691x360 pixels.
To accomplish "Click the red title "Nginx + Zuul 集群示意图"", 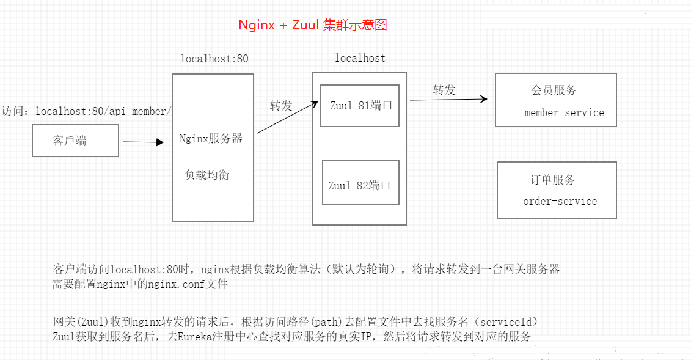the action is click(312, 24).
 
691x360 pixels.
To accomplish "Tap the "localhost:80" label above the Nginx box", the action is click(214, 59).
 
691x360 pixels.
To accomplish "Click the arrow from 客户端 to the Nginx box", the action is click(143, 142).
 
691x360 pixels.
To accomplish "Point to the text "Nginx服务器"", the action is click(211, 138).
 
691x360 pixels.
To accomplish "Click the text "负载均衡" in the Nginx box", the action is click(207, 175).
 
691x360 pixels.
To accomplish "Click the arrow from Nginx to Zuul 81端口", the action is click(287, 117).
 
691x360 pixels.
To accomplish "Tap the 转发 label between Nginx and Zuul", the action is click(281, 106).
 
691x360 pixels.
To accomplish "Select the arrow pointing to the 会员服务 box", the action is click(448, 100).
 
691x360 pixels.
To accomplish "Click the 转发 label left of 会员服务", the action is click(444, 90).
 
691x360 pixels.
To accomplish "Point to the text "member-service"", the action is click(564, 113).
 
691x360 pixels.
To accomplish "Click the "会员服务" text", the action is click(554, 90).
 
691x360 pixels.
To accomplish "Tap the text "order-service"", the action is click(560, 201).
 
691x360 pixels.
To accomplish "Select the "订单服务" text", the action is click(553, 180).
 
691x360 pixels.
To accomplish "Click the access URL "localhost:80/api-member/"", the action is click(103, 111).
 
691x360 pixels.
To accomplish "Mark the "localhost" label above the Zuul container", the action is click(360, 58).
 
